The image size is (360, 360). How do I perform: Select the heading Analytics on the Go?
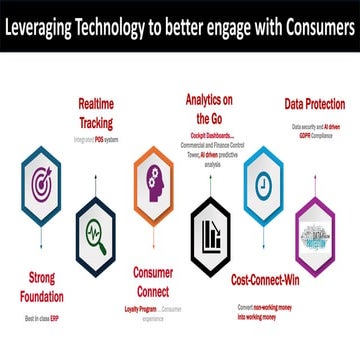pos(210,107)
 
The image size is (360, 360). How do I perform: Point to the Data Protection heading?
pos(314,104)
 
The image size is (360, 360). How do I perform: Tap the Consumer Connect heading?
pos(153,281)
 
